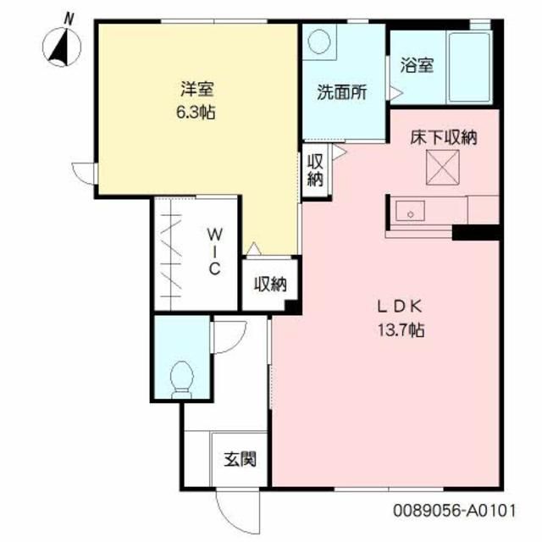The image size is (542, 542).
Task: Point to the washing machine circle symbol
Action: coord(321,42)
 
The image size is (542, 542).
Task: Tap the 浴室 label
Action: coord(418,64)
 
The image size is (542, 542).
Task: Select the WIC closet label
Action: coord(215,251)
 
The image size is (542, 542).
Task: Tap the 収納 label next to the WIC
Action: coord(270,285)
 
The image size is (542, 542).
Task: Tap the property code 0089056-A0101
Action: coord(453,512)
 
